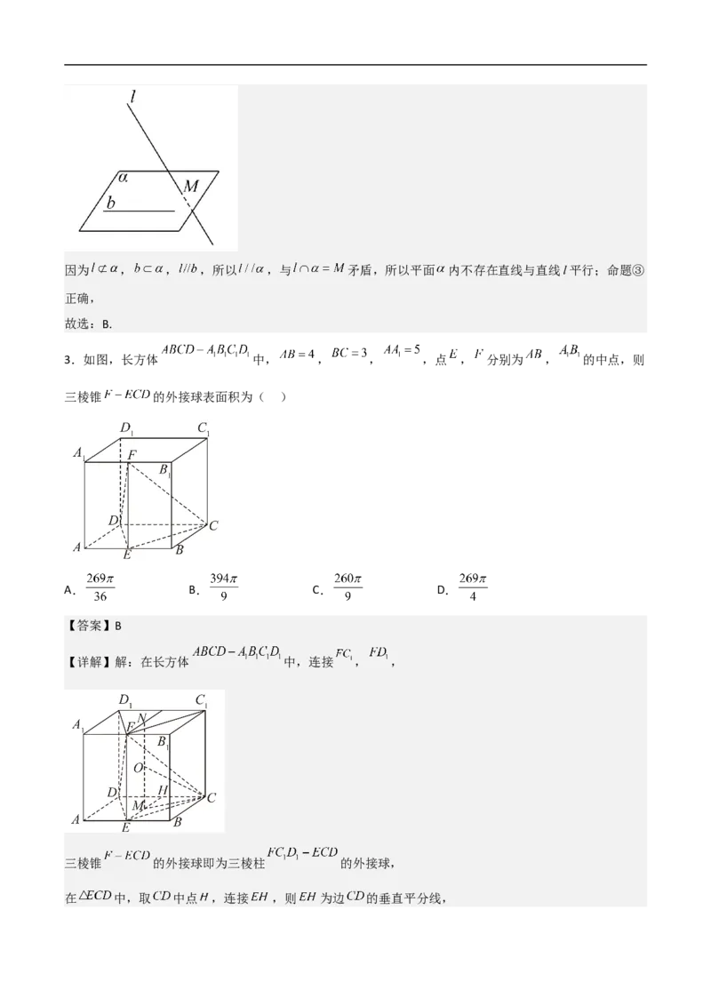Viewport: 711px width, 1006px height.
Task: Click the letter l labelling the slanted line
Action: tap(131, 97)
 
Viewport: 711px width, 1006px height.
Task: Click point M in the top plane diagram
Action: tap(191, 187)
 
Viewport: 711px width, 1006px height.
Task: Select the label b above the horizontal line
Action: tap(110, 204)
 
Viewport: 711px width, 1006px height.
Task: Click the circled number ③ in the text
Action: tap(636, 271)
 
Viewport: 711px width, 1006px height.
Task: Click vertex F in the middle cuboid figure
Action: tap(132, 456)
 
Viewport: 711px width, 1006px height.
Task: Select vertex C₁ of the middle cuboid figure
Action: tap(204, 429)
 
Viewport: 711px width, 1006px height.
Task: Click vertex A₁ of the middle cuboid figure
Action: tap(78, 454)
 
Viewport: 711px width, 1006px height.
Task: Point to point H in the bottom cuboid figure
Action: tap(162, 789)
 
